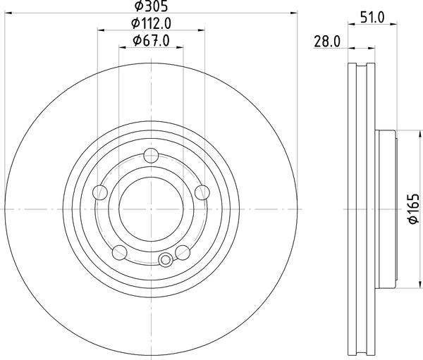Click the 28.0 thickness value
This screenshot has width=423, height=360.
327,42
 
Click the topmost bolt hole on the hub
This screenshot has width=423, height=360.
151,156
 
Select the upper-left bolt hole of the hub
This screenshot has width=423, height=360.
101,192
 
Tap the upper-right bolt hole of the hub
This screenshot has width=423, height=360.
202,192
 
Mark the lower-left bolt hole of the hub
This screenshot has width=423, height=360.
120,252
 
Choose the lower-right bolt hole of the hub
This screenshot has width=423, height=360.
183,252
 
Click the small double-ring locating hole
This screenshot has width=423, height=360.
166,260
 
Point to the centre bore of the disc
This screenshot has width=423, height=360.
151,209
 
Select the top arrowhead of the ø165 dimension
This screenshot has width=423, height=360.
399,135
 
